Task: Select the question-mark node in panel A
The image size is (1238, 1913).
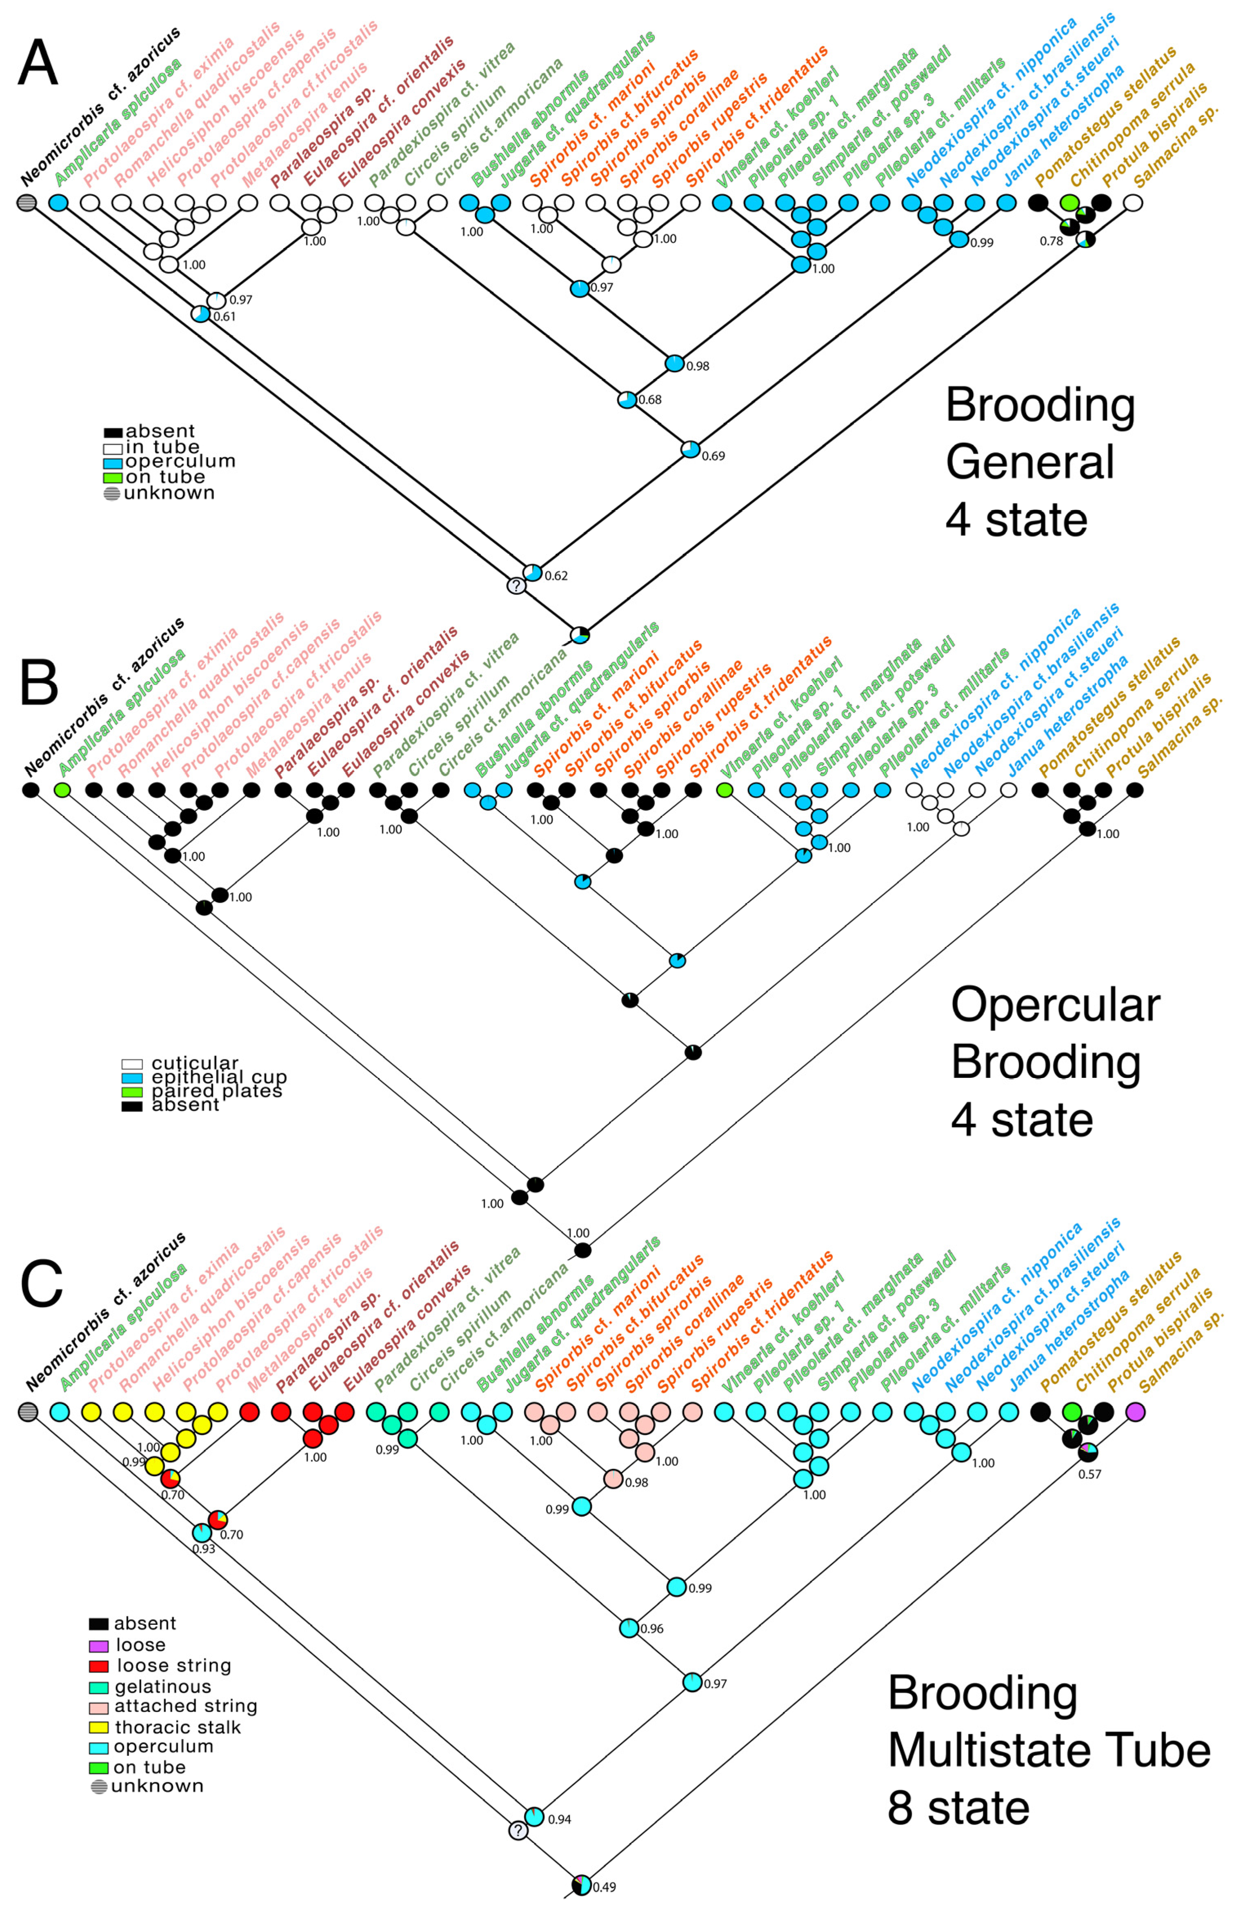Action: coord(516,586)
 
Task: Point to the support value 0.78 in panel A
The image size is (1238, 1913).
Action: coord(1051,241)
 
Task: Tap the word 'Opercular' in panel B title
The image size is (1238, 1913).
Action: coord(1055,1005)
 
